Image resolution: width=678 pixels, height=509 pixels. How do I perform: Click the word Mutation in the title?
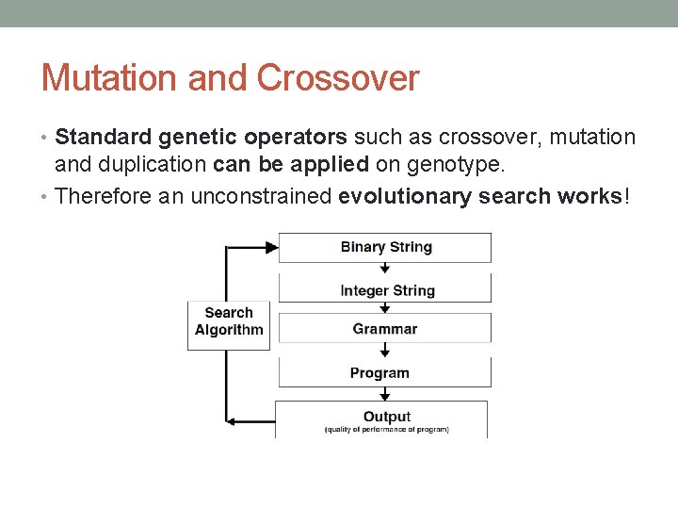point(110,77)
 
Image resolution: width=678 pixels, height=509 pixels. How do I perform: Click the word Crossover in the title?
point(337,77)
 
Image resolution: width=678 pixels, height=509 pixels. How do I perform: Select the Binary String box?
point(385,247)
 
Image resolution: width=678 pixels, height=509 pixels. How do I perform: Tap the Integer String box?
point(385,289)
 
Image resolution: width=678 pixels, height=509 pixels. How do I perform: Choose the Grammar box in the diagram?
point(385,329)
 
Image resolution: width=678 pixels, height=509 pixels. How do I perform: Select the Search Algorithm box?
point(229,322)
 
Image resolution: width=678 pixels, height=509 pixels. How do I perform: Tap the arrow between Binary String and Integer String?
point(385,268)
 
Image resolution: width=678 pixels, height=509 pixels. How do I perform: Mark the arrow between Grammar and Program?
point(385,350)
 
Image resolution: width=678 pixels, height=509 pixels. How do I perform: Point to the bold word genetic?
point(199,138)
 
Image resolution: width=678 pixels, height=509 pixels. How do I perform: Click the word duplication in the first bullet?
point(164,166)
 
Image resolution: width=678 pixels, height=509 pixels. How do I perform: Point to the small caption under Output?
point(386,430)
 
